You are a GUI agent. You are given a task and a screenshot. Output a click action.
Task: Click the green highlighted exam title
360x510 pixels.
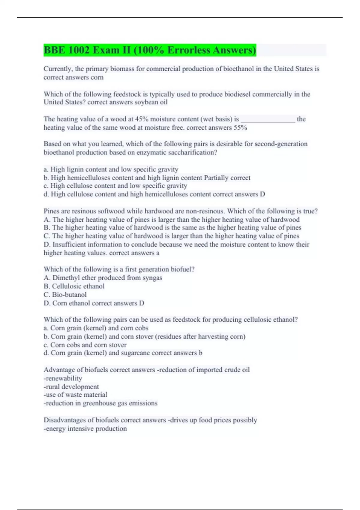(150, 50)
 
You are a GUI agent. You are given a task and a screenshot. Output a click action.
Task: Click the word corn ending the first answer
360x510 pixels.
(97, 77)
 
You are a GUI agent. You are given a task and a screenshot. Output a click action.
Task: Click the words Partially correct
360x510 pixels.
(227, 178)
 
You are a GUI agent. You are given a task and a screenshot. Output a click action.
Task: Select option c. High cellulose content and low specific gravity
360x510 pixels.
(115, 186)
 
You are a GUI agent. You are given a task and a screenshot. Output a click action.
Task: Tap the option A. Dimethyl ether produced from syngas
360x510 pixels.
(103, 278)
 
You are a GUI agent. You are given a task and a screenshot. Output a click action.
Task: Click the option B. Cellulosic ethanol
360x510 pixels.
(74, 286)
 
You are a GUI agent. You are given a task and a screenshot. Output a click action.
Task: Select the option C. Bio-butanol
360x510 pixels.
(65, 295)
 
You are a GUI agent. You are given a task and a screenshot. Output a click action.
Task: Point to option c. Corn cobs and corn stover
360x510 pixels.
(85, 345)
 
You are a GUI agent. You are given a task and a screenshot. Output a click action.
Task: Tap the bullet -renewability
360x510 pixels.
(63, 378)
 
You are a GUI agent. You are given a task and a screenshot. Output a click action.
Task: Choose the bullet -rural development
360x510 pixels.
(71, 387)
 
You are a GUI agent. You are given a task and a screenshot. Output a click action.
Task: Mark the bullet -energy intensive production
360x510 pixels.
(85, 429)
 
